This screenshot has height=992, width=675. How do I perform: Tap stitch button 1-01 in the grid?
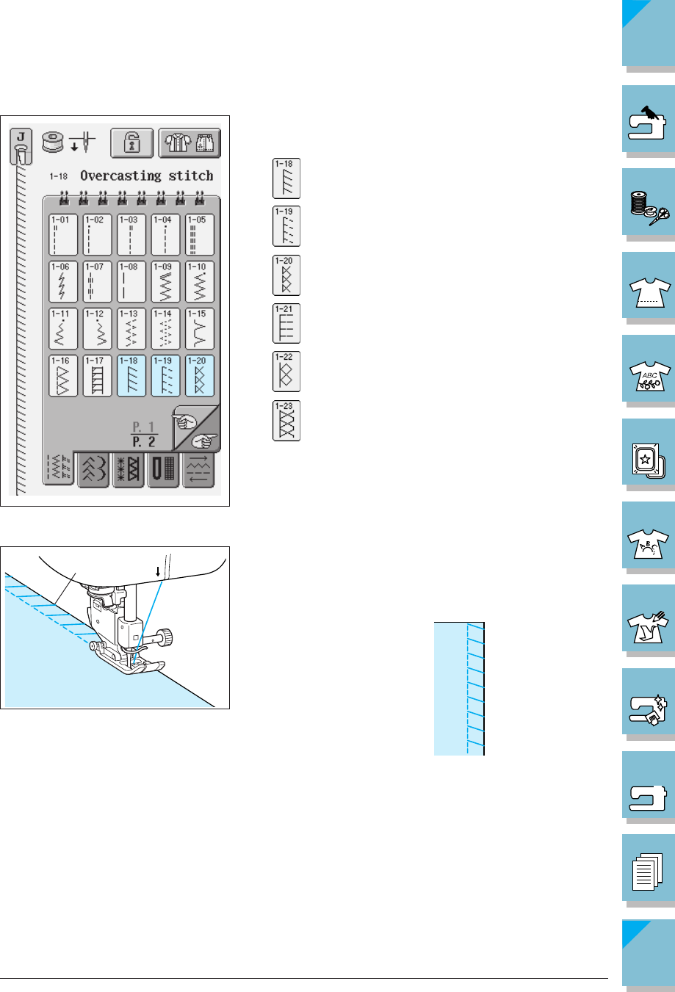63,234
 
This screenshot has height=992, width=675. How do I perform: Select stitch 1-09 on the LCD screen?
165,281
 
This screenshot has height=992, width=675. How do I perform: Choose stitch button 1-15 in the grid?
200,328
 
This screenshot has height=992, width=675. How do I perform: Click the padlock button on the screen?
132,142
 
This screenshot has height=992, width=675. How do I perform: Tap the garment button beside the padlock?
189,142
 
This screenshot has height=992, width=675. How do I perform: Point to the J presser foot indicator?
21,145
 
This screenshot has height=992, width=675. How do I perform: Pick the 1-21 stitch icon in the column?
286,323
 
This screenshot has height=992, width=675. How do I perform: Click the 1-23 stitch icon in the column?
286,420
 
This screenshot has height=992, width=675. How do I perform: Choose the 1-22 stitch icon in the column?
286,372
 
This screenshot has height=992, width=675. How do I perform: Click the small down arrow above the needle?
158,571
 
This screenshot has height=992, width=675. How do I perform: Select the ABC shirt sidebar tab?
649,371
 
